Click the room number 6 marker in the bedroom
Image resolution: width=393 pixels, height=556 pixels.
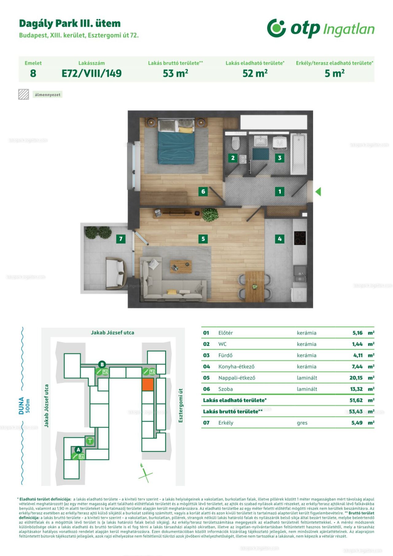click(203, 192)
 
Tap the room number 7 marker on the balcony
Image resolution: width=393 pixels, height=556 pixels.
click(121, 239)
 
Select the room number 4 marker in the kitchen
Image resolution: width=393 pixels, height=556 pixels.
click(279, 239)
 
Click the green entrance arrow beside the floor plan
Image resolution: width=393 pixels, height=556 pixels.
click(318, 192)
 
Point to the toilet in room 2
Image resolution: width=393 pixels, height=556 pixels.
click(235, 143)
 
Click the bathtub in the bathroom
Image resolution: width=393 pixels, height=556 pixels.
click(299, 154)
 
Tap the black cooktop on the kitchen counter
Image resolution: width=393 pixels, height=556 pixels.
click(300, 238)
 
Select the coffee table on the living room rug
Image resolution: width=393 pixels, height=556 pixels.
click(181, 266)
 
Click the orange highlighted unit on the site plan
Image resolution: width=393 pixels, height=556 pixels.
click(148, 385)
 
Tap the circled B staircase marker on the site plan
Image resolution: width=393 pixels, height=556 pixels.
click(102, 365)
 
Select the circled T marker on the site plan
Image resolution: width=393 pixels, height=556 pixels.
click(90, 441)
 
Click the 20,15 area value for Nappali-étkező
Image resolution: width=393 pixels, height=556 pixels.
click(356, 378)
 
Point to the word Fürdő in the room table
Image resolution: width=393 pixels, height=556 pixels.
click(225, 355)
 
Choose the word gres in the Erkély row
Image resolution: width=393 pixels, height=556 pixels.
click(302, 423)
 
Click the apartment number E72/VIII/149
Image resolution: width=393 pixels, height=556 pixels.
click(91, 73)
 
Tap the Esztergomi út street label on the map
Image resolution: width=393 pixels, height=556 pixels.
click(181, 405)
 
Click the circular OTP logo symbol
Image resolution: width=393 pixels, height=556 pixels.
click(276, 28)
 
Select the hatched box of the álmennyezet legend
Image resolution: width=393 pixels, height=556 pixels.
click(24, 94)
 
